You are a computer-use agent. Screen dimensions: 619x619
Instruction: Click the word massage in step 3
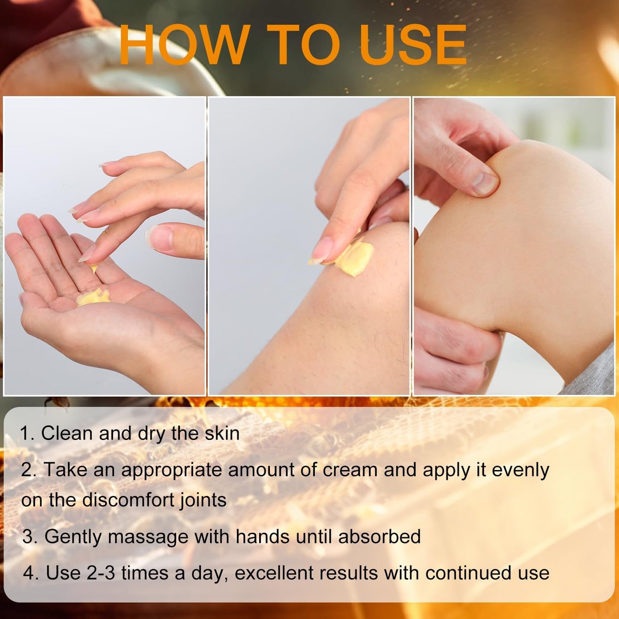[148, 538]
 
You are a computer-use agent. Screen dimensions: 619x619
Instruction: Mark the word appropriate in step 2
[171, 471]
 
